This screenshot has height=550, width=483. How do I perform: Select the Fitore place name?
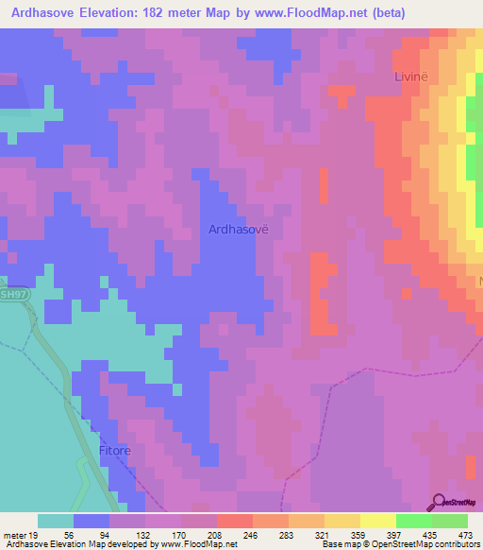coord(115,451)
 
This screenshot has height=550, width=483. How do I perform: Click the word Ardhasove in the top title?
coord(46,12)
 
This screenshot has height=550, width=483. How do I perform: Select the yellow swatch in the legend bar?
coord(341,521)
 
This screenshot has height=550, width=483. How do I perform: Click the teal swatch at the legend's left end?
coord(56,521)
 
